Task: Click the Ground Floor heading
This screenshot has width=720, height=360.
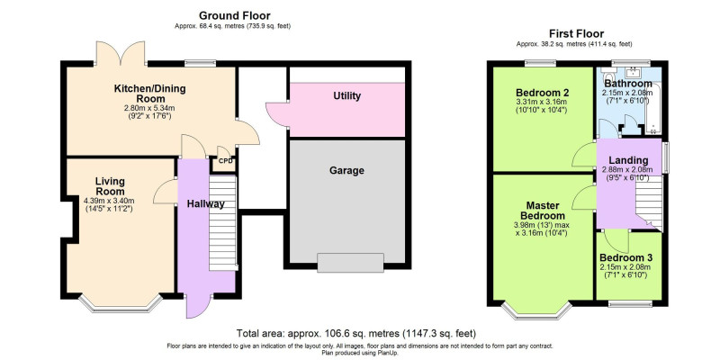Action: [234, 16]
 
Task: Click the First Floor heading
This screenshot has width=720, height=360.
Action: [576, 33]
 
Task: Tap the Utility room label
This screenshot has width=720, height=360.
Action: [346, 96]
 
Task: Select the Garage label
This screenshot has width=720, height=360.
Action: [346, 171]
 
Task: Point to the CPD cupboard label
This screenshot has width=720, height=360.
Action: [225, 161]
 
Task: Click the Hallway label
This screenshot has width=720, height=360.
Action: [206, 204]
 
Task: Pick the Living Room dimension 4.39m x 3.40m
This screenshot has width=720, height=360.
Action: [109, 201]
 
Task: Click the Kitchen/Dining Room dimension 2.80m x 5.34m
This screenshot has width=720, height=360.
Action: [149, 108]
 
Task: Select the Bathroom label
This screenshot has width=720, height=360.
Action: [628, 84]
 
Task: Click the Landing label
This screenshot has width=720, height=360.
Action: [628, 160]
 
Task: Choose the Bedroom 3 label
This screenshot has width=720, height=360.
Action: [625, 257]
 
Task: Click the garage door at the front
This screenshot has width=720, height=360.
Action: [350, 263]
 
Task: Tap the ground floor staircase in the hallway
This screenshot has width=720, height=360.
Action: [222, 222]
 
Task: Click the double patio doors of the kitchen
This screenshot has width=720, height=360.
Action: [121, 53]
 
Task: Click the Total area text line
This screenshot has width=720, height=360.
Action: [356, 333]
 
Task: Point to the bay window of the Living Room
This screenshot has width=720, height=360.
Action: [121, 305]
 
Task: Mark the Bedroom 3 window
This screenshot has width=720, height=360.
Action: [630, 303]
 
